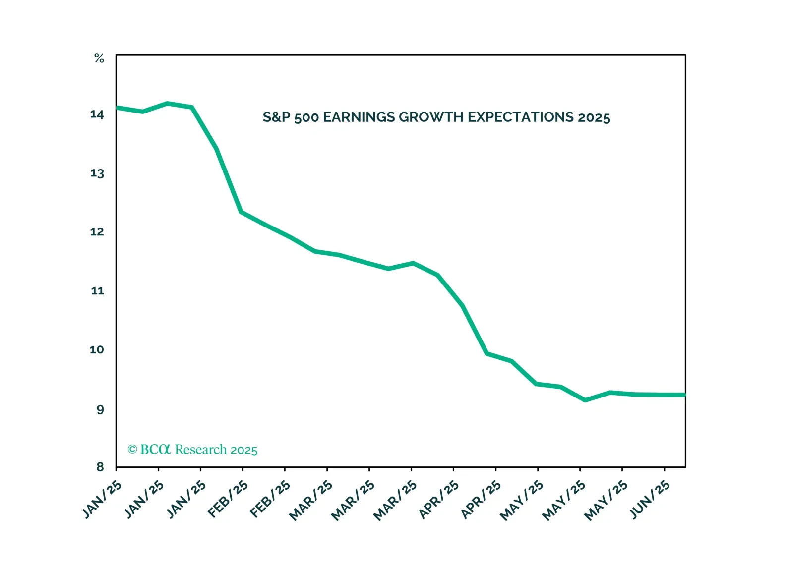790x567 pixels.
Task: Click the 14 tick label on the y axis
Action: tap(97, 114)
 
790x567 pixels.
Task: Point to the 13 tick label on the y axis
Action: tap(97, 173)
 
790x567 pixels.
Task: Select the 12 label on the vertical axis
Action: tap(97, 232)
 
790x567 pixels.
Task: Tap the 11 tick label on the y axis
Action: tap(98, 291)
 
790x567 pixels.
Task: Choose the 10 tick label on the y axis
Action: tap(97, 350)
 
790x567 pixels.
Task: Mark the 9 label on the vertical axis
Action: tap(100, 409)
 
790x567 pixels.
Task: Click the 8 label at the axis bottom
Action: tap(100, 466)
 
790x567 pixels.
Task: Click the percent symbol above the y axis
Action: tap(99, 58)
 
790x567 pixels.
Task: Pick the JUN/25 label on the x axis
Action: tap(650, 500)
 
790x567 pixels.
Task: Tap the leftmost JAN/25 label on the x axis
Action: tap(102, 500)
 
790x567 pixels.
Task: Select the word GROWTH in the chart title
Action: tap(431, 117)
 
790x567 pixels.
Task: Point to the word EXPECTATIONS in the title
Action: tap(520, 117)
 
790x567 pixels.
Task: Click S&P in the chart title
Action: tap(276, 117)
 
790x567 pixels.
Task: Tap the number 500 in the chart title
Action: tap(306, 118)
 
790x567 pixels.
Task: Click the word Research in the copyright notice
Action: tap(200, 450)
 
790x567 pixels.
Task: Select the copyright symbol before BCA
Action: tap(132, 450)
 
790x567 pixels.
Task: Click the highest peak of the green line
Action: tap(168, 104)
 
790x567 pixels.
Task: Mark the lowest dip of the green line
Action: tap(586, 400)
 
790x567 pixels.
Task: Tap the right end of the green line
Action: tap(684, 395)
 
